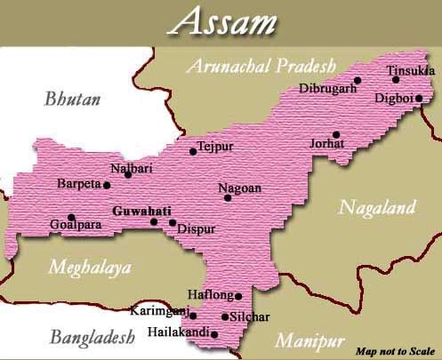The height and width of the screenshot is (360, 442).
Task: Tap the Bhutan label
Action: coord(73,99)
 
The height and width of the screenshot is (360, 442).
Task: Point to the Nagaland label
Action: coord(377,208)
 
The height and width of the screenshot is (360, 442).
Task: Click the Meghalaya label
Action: coord(90,267)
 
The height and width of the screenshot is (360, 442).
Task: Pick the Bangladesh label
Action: coord(91,337)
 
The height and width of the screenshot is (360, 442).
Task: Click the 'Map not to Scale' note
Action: coord(393,350)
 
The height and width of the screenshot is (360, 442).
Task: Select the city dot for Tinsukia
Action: coord(396,79)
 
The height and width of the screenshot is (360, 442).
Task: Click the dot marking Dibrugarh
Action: coord(358,80)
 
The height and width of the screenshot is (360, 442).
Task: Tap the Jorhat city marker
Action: coord(335,134)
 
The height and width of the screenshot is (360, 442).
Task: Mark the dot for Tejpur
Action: coord(193,152)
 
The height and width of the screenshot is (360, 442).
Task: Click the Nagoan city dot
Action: coord(228,197)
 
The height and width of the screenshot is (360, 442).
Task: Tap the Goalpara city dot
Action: coord(71,217)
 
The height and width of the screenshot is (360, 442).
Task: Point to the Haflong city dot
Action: coord(238,296)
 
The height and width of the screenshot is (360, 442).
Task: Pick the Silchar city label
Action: coord(252,317)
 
